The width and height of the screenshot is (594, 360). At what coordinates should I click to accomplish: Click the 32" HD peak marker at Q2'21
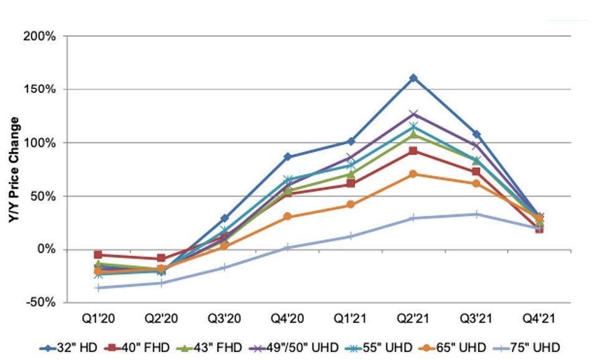tap(413, 78)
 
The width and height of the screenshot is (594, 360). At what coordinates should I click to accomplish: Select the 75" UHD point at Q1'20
tap(98, 288)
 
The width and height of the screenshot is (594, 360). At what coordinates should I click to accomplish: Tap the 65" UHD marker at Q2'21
tap(413, 174)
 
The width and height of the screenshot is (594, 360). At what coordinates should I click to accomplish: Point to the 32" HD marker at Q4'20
tap(287, 156)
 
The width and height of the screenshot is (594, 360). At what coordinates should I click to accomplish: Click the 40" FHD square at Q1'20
tap(98, 255)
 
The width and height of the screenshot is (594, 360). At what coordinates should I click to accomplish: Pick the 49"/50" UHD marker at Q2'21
tap(413, 114)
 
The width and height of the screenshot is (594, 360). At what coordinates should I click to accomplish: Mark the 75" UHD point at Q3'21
tap(476, 214)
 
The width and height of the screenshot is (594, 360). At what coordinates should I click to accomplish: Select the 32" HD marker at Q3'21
tap(476, 134)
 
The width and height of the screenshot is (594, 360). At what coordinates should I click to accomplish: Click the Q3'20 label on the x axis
tap(224, 318)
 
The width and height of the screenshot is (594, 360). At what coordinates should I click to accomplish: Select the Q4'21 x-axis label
tap(539, 318)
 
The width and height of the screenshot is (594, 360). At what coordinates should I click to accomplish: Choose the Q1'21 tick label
tap(350, 318)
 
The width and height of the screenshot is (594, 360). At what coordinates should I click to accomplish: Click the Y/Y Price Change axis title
tap(13, 169)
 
